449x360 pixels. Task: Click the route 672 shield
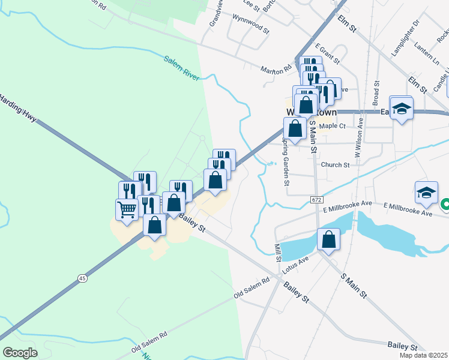click(316, 198)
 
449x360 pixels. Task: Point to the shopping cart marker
click(127, 209)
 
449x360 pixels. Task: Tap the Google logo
click(20, 352)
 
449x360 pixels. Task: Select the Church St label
click(335, 165)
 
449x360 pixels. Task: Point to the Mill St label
click(277, 252)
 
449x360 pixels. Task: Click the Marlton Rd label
click(276, 71)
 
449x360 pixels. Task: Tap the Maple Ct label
click(333, 126)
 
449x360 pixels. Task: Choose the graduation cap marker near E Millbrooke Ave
click(426, 193)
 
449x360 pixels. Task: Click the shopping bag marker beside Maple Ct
click(295, 128)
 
